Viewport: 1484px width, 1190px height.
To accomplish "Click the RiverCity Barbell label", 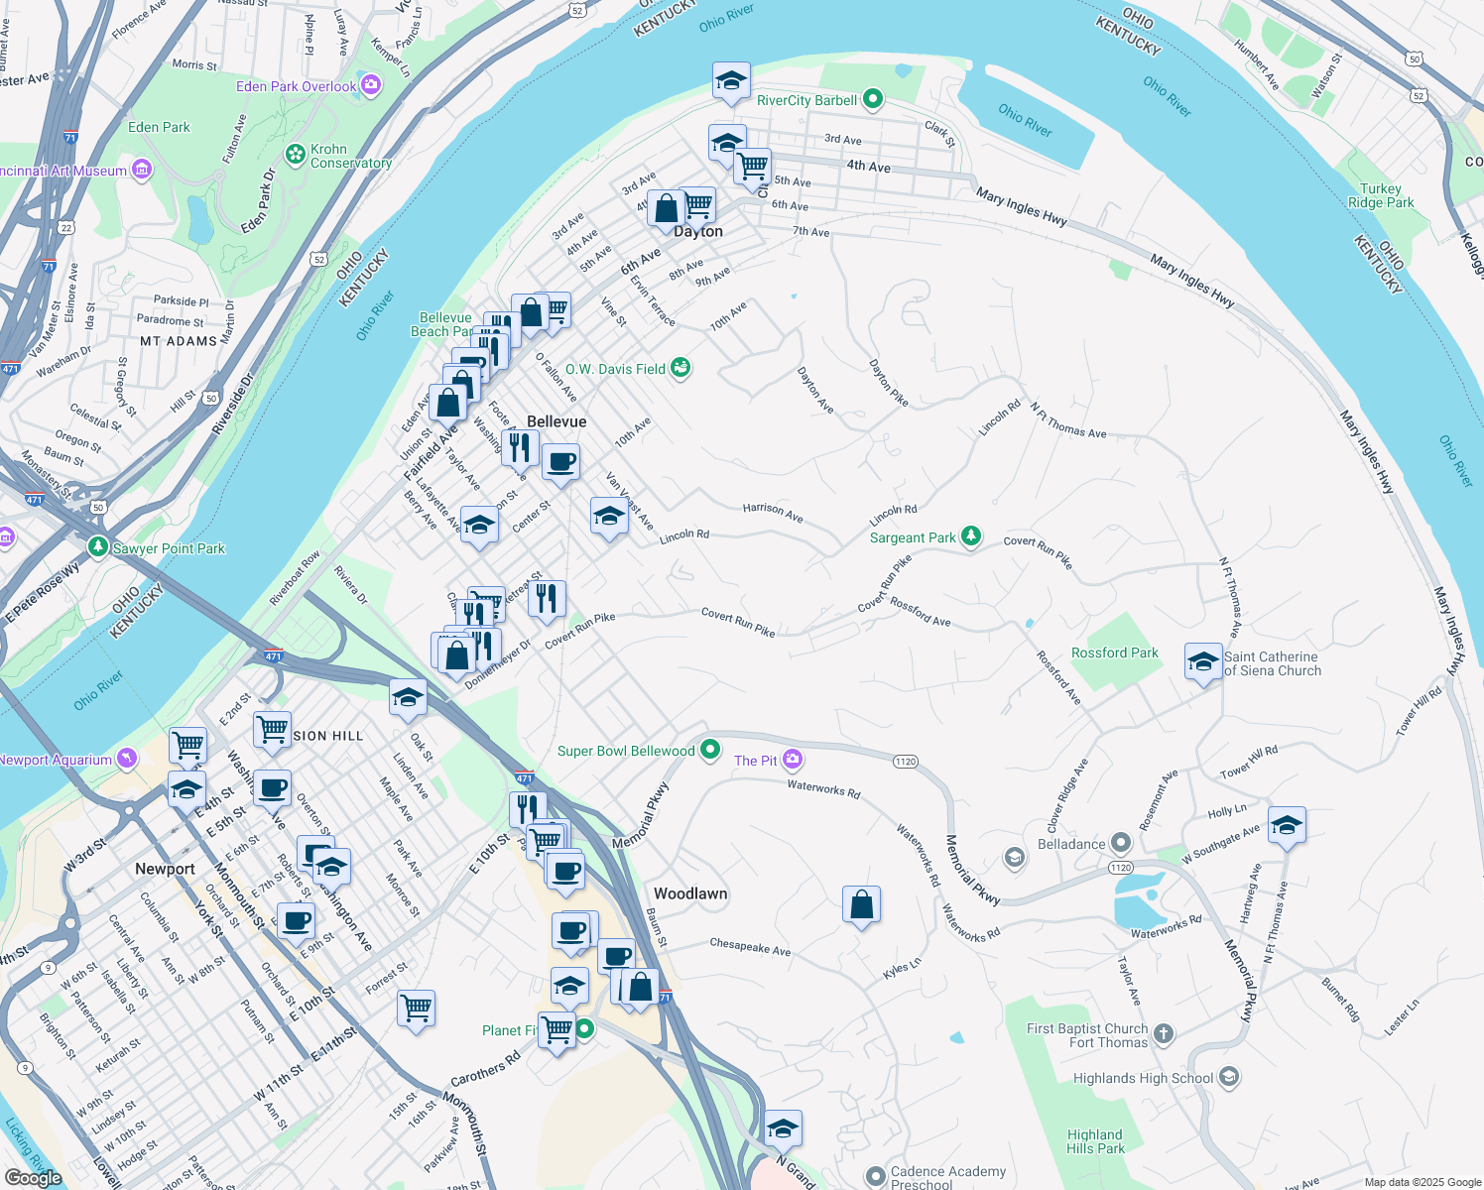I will pyautogui.click(x=806, y=100).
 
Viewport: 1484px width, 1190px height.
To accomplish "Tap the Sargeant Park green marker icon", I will pyautogui.click(x=971, y=536).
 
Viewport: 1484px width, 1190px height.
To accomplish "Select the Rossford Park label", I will pyautogui.click(x=1114, y=653).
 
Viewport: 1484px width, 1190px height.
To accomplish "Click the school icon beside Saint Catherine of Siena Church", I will pyautogui.click(x=1202, y=661).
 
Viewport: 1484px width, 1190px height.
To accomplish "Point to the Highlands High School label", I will pyautogui.click(x=1143, y=1078).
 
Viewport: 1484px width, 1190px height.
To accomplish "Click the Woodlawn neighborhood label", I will pyautogui.click(x=690, y=893).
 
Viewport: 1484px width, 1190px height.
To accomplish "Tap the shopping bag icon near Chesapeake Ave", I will pyautogui.click(x=861, y=904).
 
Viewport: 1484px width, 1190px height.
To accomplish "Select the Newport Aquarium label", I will pyautogui.click(x=56, y=760).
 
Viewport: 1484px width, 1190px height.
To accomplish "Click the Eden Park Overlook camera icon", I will pyautogui.click(x=371, y=85).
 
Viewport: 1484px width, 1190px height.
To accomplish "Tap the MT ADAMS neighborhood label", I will pyautogui.click(x=178, y=341).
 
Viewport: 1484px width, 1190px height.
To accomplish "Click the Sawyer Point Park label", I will pyautogui.click(x=169, y=548).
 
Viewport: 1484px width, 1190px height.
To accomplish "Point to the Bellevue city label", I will pyautogui.click(x=556, y=421).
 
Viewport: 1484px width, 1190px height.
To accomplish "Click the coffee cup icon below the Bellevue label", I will pyautogui.click(x=560, y=462).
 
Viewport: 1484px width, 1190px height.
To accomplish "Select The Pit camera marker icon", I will pyautogui.click(x=792, y=761).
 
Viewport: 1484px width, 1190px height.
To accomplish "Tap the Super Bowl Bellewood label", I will pyautogui.click(x=626, y=751).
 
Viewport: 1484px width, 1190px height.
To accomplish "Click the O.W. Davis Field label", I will pyautogui.click(x=615, y=369).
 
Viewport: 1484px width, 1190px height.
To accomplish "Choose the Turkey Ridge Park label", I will pyautogui.click(x=1381, y=195).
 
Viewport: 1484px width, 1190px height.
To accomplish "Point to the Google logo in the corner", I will pyautogui.click(x=33, y=1177).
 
